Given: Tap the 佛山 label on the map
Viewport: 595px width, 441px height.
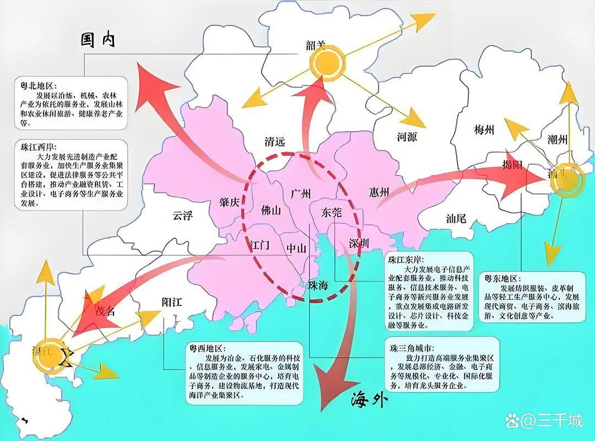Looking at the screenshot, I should (x=271, y=211).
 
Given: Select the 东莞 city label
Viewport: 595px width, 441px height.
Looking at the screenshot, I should (x=330, y=212).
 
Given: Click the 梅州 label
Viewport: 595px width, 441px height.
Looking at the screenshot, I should (x=484, y=130).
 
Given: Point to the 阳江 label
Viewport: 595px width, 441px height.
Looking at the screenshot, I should (x=172, y=302).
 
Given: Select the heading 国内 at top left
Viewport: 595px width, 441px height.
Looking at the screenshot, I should (x=98, y=40).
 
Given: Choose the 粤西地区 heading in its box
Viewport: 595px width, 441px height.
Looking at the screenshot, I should (x=206, y=349).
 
